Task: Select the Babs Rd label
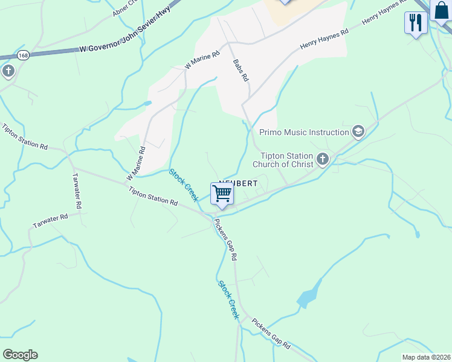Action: [241, 70]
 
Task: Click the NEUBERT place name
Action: [239, 183]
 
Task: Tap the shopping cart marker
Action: [222, 194]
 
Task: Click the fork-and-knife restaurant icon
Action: [416, 22]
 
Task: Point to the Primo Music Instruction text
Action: [304, 132]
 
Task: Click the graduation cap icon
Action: [358, 132]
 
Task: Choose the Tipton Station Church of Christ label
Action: [287, 159]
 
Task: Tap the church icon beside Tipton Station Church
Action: [323, 159]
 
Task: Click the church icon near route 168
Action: [8, 72]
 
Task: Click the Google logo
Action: [20, 355]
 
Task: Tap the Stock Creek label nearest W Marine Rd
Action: [184, 185]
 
